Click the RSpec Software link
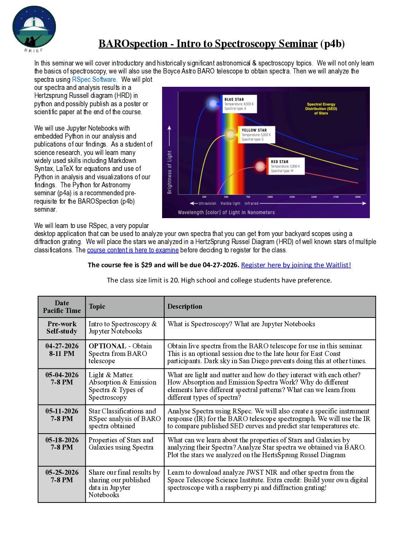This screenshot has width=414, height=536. tap(94, 80)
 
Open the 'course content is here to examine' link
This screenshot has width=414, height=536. tap(133, 250)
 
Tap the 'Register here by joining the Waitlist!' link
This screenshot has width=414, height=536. tap(296, 265)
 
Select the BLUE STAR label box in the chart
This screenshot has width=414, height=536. tap(239, 104)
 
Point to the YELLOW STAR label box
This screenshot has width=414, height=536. tap(256, 135)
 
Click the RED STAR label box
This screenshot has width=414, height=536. tap(285, 166)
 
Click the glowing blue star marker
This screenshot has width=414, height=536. tap(213, 103)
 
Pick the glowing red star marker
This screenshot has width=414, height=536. tap(260, 166)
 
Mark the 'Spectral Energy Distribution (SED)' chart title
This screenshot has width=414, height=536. tap(321, 108)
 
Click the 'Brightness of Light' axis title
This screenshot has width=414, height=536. tap(170, 172)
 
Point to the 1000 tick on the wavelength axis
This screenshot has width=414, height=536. tap(270, 197)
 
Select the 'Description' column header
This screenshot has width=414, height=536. tap(185, 306)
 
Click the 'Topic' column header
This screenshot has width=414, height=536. tap(97, 306)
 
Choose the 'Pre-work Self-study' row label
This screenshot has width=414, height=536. tap(62, 328)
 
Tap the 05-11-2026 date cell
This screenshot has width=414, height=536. tap(62, 415)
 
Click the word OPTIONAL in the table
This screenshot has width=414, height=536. tap(107, 346)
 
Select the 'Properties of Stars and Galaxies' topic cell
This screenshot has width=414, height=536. tap(121, 444)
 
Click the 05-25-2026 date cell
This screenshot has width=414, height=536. tap(62, 476)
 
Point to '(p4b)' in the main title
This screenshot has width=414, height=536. tap(332, 44)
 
